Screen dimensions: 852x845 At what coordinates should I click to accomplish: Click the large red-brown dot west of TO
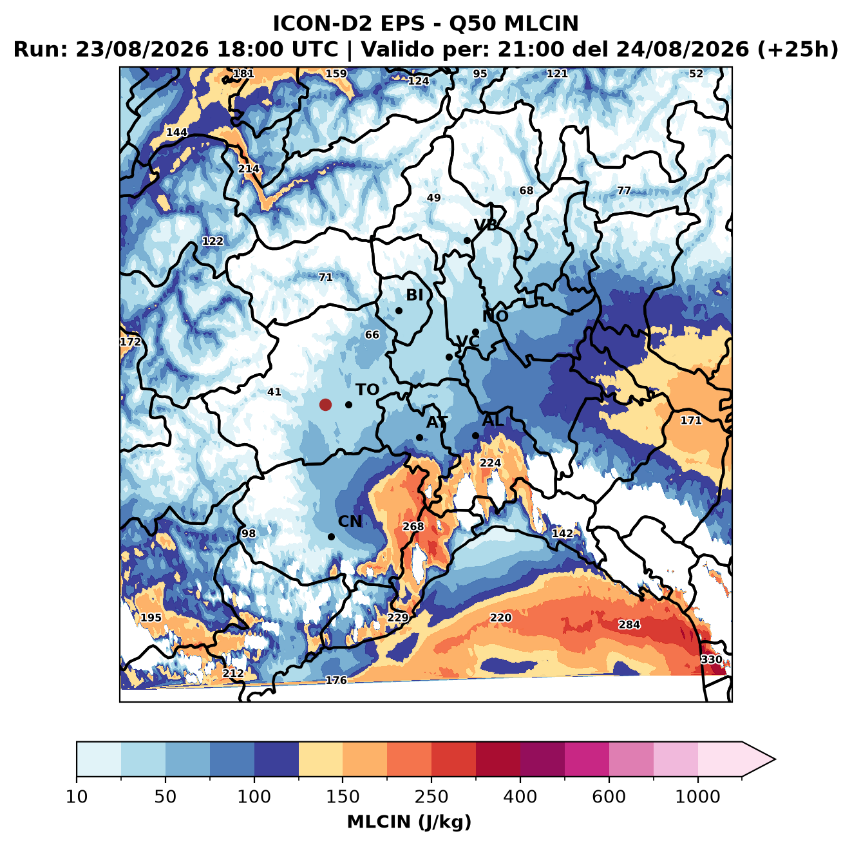point(325,404)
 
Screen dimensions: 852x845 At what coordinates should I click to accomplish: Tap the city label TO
point(368,390)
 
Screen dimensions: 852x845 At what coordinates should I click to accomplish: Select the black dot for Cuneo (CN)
point(331,536)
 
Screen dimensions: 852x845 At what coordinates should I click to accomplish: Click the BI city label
point(414,295)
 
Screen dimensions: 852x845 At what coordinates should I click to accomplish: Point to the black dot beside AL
point(475,435)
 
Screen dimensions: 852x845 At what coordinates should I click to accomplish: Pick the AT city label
point(437,422)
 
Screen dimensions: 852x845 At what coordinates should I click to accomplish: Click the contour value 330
point(712,660)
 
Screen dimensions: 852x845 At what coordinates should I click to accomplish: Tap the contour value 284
point(629,624)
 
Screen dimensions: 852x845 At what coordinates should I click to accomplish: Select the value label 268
point(413,526)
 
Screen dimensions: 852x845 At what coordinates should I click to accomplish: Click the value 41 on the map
point(274,392)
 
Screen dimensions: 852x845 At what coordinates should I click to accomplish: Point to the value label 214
point(249,169)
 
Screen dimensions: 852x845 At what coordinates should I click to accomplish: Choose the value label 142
point(562,533)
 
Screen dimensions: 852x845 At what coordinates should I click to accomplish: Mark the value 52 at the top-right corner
point(696,73)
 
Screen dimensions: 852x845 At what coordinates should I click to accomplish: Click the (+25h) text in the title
point(797,50)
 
